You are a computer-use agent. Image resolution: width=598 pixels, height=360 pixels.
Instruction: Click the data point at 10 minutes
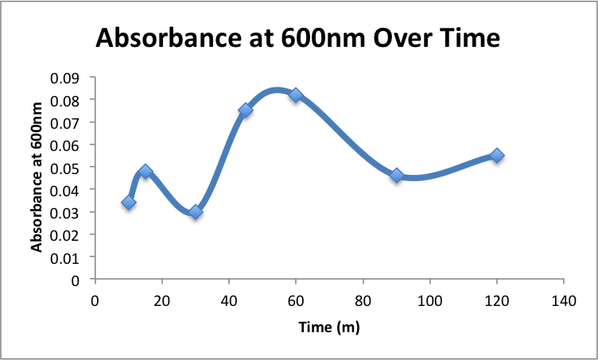[x=129, y=203]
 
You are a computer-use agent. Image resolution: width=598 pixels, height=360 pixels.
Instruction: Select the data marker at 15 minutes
[x=146, y=172]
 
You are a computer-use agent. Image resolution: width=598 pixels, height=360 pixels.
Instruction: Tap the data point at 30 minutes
[x=196, y=212]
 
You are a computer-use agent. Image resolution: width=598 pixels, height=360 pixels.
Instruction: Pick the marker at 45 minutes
[x=246, y=110]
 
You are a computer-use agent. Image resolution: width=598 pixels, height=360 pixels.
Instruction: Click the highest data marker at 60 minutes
[x=296, y=95]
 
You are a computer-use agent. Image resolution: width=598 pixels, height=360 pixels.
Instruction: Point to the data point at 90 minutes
[x=397, y=176]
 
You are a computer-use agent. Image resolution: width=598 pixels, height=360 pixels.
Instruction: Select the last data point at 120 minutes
[x=497, y=156]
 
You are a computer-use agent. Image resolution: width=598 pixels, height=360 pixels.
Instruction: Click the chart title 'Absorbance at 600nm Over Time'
[x=298, y=38]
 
